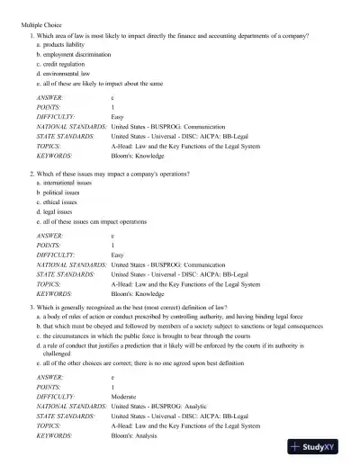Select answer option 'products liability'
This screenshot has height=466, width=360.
(x=67, y=44)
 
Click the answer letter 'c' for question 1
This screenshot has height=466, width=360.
(x=112, y=96)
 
